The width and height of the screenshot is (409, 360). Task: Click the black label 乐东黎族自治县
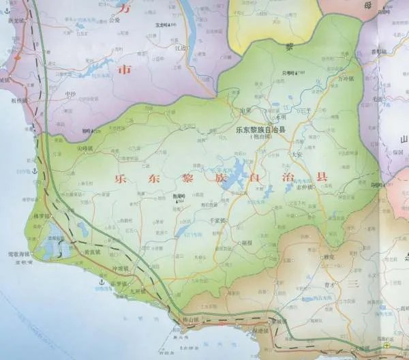point(259,129)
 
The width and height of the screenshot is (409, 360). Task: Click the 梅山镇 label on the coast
point(192,318)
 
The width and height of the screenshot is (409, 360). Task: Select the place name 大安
point(296,155)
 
